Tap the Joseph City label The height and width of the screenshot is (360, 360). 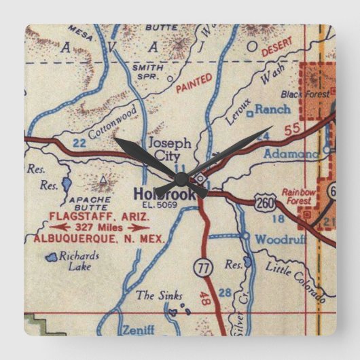coord(170,149)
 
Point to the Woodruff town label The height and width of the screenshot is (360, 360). coord(281,239)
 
